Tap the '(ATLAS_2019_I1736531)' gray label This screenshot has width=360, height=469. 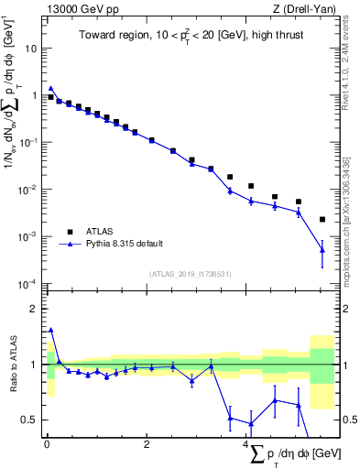pyautogui.click(x=190, y=274)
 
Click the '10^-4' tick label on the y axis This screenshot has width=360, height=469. pyautogui.click(x=29, y=283)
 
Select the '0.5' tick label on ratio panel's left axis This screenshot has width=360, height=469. pyautogui.click(x=31, y=420)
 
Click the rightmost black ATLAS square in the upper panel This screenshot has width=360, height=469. pyautogui.click(x=322, y=220)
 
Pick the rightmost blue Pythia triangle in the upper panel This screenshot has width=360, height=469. pyautogui.click(x=322, y=249)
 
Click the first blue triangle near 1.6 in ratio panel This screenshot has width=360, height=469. pyautogui.click(x=50, y=330)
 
